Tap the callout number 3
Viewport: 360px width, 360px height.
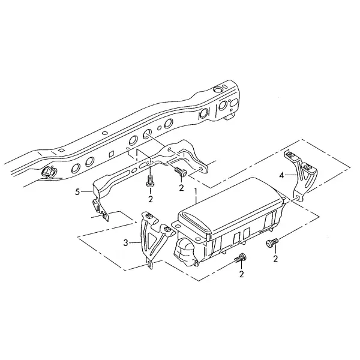[x=125, y=243]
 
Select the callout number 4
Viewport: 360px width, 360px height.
[x=282, y=175]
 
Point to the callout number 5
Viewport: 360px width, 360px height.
[x=77, y=192]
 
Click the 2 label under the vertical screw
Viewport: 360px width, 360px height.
[x=151, y=199]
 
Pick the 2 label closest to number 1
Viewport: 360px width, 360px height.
[x=181, y=188]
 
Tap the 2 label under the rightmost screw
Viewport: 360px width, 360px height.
[x=275, y=259]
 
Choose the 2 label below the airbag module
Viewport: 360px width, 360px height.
[x=241, y=274]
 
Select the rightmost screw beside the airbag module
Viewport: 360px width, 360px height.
[x=272, y=242]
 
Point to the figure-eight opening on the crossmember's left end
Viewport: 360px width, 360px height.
[x=50, y=172]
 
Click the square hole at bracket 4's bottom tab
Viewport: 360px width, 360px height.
[x=298, y=197]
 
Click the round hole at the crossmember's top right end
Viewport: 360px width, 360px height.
[x=217, y=89]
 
